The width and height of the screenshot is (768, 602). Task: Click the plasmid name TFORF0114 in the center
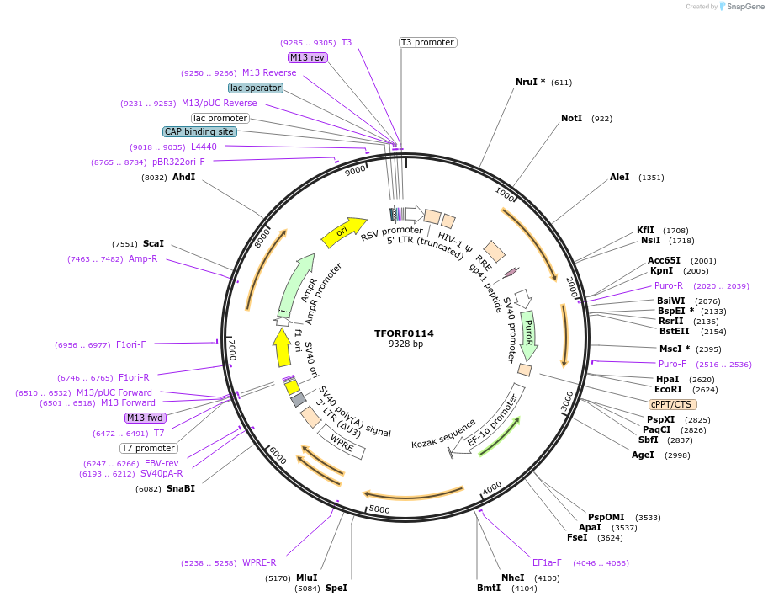click(x=404, y=333)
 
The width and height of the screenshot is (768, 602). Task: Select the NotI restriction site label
click(x=571, y=118)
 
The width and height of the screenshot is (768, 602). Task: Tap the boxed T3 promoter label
click(x=427, y=42)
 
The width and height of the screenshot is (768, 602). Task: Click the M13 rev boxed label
click(x=307, y=57)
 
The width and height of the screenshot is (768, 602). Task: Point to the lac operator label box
click(x=256, y=88)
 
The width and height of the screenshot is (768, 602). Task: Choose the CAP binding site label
click(x=199, y=131)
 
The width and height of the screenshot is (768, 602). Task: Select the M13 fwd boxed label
click(x=146, y=418)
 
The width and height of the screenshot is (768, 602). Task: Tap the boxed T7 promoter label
click(x=148, y=448)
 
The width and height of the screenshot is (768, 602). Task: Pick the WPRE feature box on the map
click(x=342, y=440)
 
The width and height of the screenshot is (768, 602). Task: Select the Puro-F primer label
click(x=672, y=364)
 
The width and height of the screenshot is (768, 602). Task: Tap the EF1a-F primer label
click(x=547, y=562)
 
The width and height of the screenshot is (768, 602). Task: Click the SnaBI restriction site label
click(x=180, y=488)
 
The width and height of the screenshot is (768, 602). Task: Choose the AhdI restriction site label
click(x=183, y=178)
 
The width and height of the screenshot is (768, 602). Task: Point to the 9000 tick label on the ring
click(x=355, y=170)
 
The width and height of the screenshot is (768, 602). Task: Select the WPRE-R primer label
click(x=259, y=562)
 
